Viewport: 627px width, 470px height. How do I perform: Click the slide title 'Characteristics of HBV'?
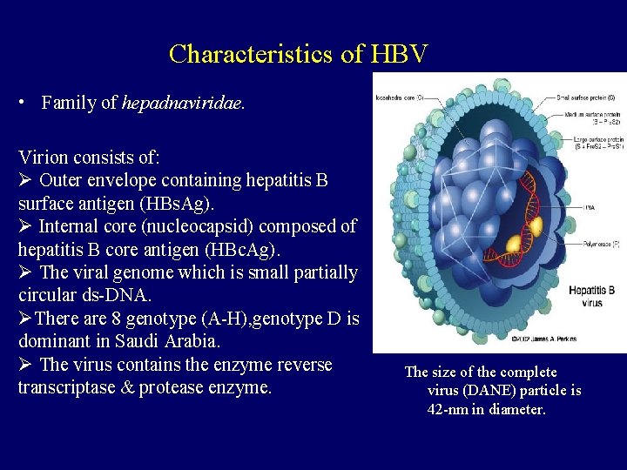pos(299,54)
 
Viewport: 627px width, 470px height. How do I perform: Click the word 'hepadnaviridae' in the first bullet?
pos(183,103)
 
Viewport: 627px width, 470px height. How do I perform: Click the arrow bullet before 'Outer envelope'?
pos(25,181)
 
